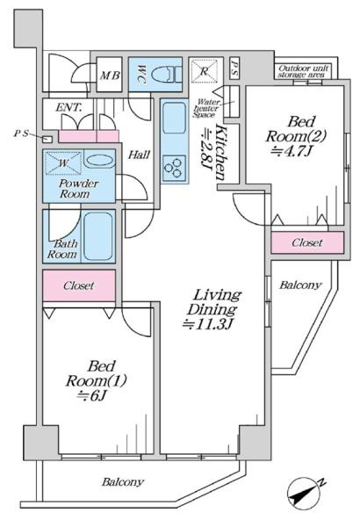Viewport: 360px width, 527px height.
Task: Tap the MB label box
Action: pos(109,75)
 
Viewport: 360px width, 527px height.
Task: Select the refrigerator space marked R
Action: pos(204,70)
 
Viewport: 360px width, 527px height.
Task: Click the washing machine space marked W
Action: pos(63,163)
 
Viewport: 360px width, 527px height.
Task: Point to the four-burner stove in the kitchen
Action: pos(174,168)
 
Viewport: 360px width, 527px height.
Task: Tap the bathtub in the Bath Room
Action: pos(97,236)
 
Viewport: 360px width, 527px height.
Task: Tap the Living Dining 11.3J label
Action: pos(213,309)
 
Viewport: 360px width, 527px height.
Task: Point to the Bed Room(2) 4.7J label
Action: pos(296,136)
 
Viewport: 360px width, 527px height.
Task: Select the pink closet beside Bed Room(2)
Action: pos(307,242)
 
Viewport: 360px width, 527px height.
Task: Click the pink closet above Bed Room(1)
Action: pos(79,285)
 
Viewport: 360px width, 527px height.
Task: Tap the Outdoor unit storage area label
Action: pos(303,71)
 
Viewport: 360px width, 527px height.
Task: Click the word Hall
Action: pos(139,155)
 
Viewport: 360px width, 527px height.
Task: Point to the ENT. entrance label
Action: pos(68,107)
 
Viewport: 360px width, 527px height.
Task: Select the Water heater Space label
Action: pos(206,108)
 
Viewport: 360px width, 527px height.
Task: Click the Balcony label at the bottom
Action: pos(123,482)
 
